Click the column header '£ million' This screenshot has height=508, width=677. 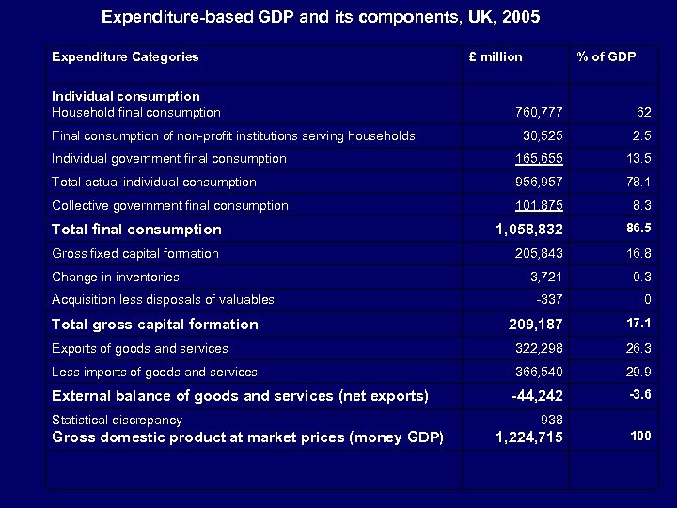pyautogui.click(x=496, y=56)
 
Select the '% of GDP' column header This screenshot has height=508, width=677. pyautogui.click(x=606, y=56)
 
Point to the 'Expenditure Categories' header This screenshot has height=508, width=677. pyautogui.click(x=125, y=56)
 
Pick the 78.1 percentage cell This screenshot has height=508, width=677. pyautogui.click(x=638, y=182)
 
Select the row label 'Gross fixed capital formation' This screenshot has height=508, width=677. pyautogui.click(x=135, y=253)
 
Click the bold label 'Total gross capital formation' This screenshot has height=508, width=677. pyautogui.click(x=155, y=325)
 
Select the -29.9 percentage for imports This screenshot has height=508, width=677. pyautogui.click(x=636, y=372)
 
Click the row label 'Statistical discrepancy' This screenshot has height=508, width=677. pyautogui.click(x=117, y=420)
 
